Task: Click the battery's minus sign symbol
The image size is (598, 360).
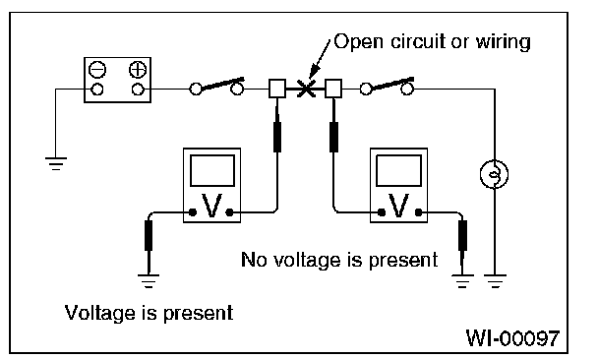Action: point(97,70)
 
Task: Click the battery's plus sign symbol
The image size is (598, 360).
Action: point(138,70)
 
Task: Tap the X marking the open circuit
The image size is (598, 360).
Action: point(306,89)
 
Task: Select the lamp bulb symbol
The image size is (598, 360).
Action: point(495,174)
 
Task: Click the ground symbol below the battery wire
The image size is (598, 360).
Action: point(56,163)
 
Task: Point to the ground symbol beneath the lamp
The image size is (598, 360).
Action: point(495,281)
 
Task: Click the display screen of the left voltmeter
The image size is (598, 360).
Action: point(212,170)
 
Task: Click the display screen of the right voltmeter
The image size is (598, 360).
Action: point(399,170)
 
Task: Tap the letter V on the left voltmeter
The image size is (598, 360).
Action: point(211,206)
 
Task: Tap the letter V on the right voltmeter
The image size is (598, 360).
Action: point(398,206)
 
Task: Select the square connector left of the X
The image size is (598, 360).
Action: point(277,89)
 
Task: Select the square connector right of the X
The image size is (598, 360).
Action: point(333,89)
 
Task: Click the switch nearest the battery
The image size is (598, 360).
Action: point(216,87)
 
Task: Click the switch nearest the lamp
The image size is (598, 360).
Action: point(387,87)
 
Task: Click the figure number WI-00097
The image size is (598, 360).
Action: point(513,337)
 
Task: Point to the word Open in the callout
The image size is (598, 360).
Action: point(358,42)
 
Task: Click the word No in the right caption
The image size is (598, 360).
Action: point(254,260)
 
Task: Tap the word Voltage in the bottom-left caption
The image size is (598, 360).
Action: point(100,314)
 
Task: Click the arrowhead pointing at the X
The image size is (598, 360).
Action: point(314,73)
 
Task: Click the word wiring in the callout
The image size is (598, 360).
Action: point(503,42)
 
